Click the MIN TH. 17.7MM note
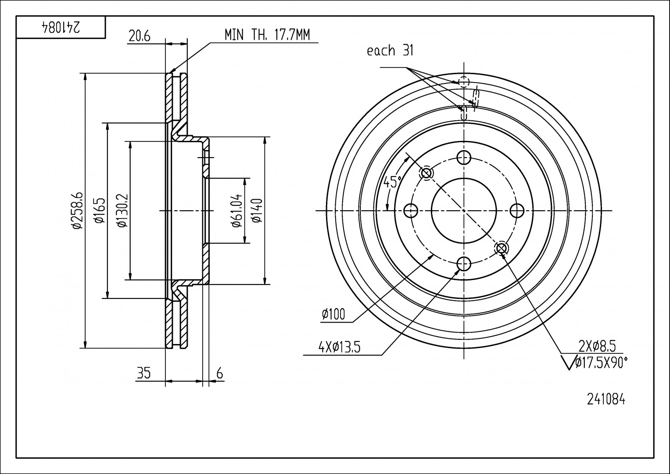click(267, 35)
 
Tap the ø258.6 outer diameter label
click(78, 211)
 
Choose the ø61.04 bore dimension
click(237, 211)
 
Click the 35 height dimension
click(143, 373)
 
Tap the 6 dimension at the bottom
click(220, 373)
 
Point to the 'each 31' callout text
click(390, 51)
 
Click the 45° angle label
click(392, 181)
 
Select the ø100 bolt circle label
click(333, 314)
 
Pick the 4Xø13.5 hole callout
click(339, 348)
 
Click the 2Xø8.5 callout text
click(597, 347)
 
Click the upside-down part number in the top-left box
click(61, 28)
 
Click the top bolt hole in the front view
click(464, 157)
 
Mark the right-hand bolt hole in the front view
click(518, 211)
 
